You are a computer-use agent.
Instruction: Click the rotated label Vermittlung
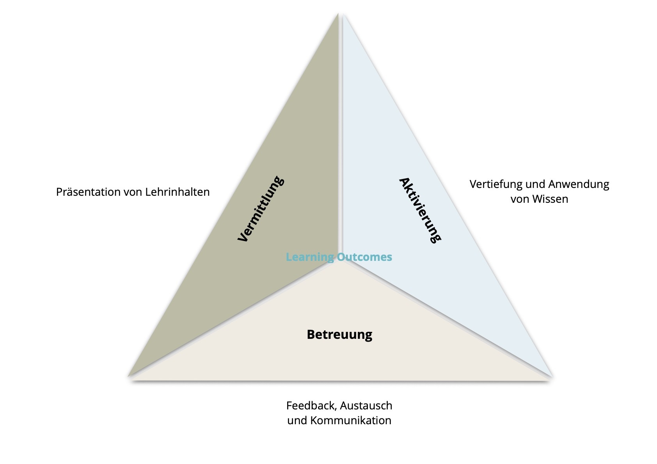(x=261, y=209)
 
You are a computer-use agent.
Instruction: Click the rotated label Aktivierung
(x=420, y=210)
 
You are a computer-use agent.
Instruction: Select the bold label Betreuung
(x=339, y=335)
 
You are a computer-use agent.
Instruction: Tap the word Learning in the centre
(x=310, y=257)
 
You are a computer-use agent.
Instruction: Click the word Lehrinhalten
(x=178, y=192)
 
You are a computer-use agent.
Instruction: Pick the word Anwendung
(x=579, y=184)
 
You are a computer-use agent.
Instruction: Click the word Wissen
(x=550, y=199)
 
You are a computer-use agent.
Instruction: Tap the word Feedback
(x=311, y=406)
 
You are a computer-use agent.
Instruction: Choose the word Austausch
(x=366, y=406)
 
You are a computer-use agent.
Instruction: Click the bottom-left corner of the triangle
(x=129, y=376)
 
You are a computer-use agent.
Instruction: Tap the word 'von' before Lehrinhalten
(x=135, y=192)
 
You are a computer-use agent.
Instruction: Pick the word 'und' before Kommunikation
(x=295, y=421)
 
